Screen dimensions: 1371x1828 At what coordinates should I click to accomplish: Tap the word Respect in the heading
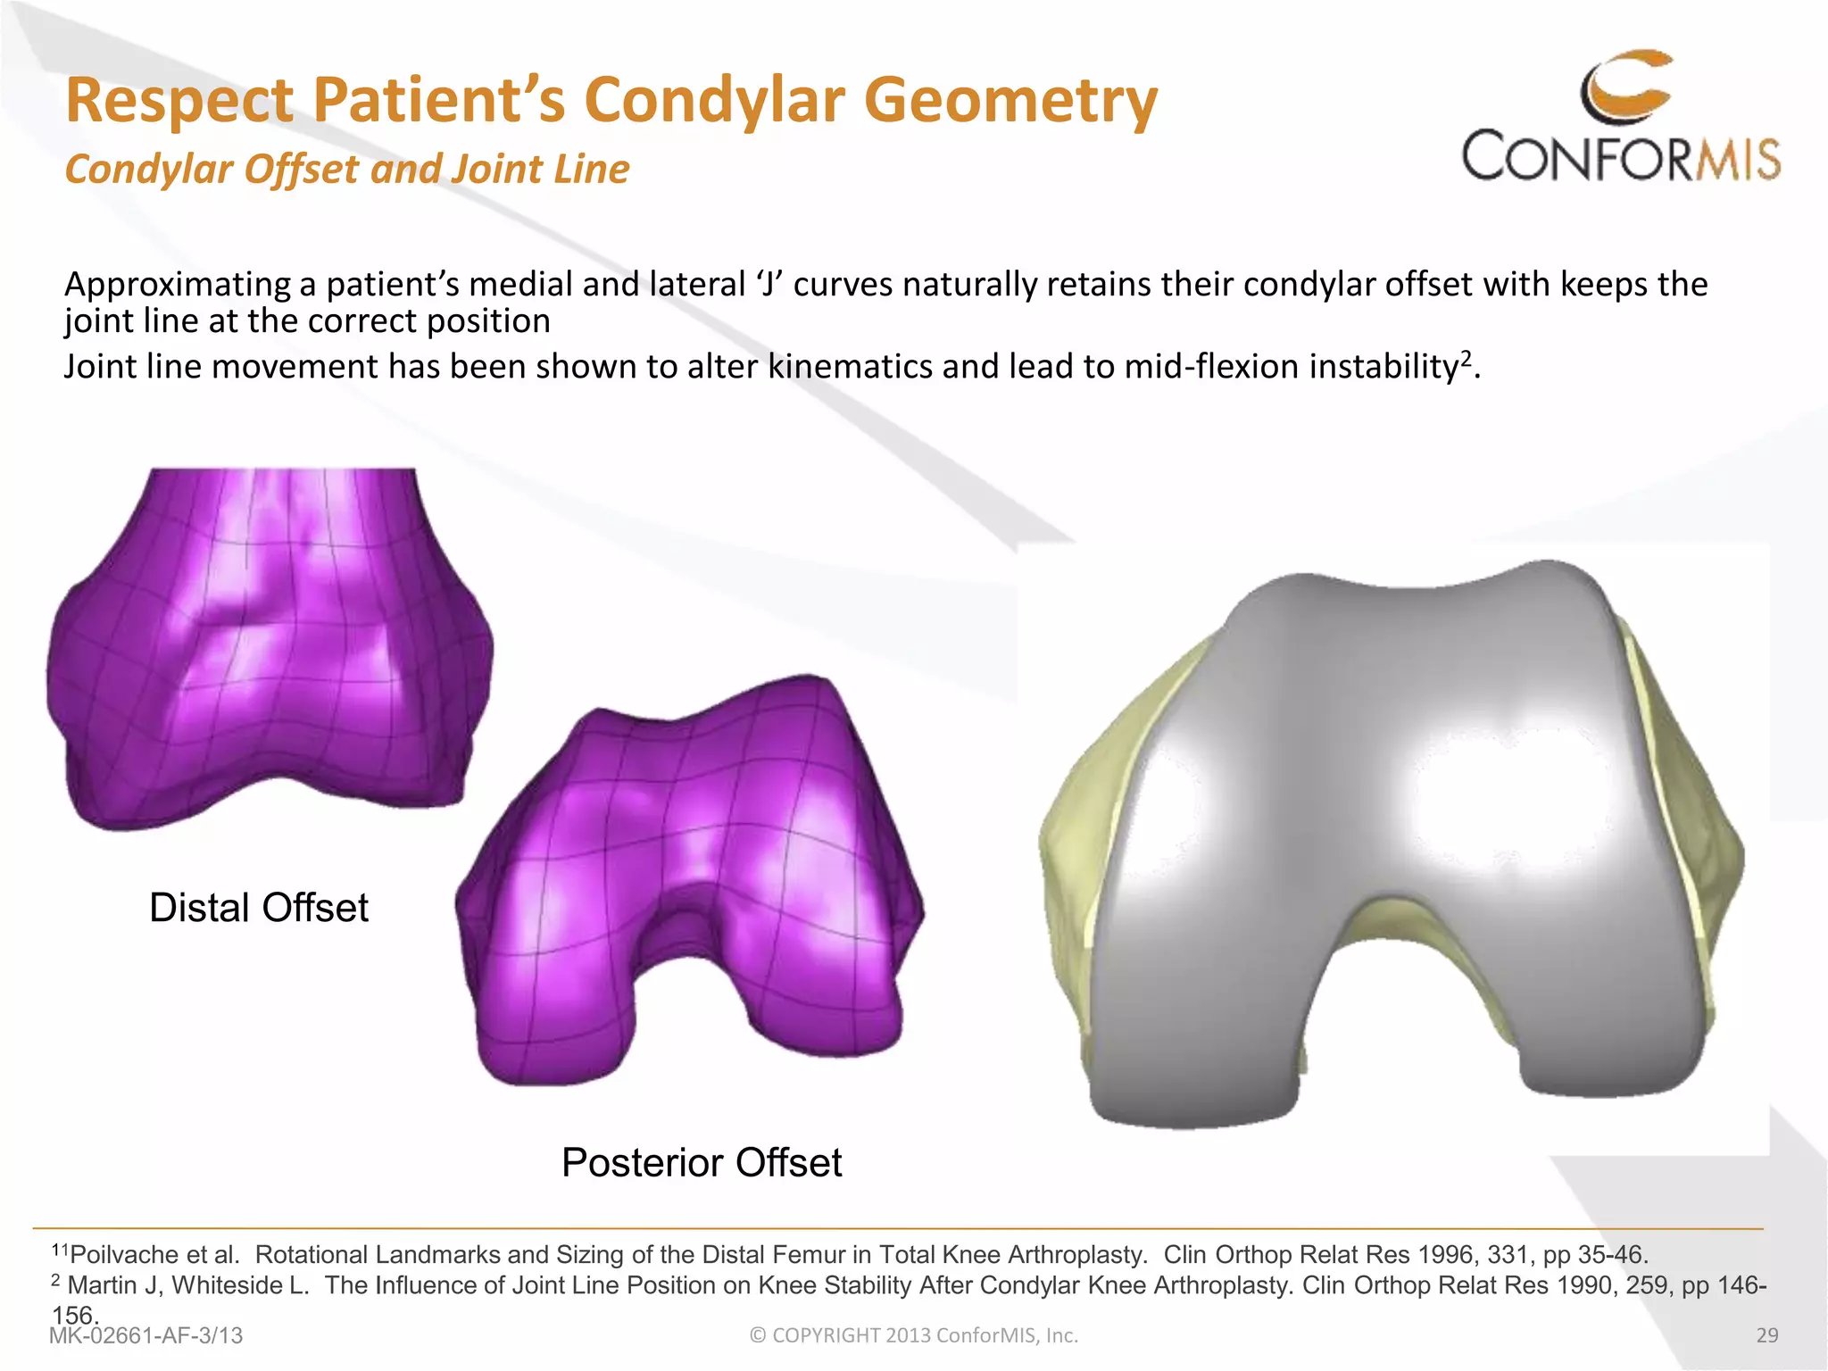179,100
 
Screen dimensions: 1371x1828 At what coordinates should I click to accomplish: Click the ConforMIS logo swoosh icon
1626,87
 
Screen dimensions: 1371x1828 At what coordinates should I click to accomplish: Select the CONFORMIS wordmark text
1621,158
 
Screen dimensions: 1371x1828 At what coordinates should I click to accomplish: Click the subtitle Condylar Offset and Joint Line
347,169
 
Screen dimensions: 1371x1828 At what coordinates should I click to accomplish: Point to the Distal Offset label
258,908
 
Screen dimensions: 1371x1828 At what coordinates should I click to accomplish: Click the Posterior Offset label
702,1163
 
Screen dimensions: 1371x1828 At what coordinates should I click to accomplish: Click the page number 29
1766,1335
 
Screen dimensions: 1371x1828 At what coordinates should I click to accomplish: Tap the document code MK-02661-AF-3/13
146,1335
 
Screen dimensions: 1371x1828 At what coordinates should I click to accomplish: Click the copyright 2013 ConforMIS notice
914,1335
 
